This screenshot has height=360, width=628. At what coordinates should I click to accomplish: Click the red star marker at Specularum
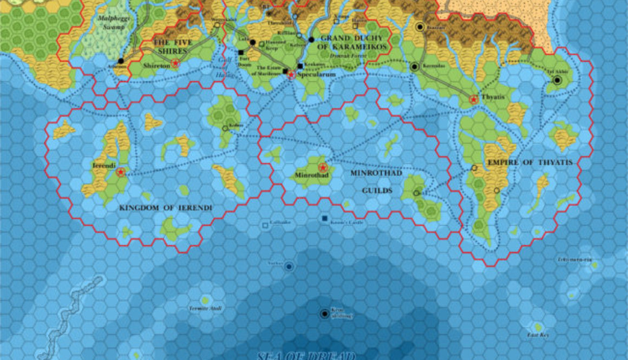[292, 75]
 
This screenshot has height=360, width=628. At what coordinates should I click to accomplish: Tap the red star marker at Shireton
[175, 63]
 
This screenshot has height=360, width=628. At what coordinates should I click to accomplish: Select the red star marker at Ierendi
[121, 172]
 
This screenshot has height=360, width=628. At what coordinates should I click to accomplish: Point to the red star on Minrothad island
[324, 167]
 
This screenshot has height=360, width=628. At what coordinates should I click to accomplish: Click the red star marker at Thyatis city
[474, 100]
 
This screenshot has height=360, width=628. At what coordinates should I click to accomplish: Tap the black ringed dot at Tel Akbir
[557, 81]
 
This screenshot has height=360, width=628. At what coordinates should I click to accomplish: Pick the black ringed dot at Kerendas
[415, 67]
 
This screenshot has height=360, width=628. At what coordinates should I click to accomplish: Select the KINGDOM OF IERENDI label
[165, 208]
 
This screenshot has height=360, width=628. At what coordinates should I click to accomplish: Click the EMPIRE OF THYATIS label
[529, 162]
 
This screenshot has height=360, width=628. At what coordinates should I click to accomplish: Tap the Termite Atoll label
[205, 309]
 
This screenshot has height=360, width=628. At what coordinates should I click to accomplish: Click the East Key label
[538, 336]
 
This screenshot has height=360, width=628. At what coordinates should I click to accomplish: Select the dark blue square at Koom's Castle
[324, 218]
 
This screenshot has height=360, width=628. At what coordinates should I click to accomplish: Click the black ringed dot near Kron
[324, 313]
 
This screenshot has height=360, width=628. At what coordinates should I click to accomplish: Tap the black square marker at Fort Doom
[241, 53]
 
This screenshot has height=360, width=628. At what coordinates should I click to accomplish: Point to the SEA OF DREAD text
[306, 356]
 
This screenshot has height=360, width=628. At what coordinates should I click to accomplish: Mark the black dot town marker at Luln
[253, 42]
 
